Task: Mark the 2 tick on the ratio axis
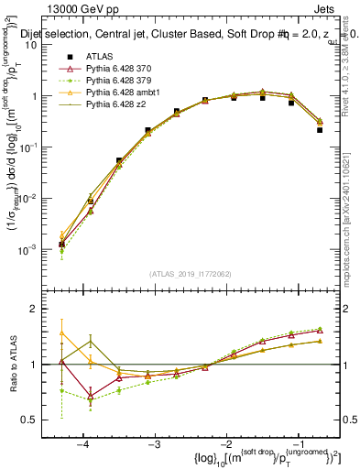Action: point(46,309)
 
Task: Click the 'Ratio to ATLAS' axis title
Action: point(13,365)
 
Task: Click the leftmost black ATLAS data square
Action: point(61,245)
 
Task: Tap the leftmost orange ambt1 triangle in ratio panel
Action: point(61,333)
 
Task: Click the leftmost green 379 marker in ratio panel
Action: point(61,390)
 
